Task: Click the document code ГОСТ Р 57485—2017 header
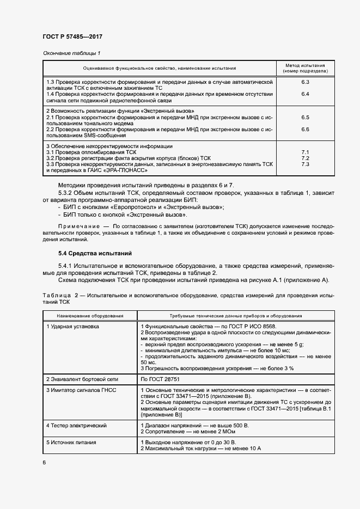(x=72, y=36)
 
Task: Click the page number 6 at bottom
(x=45, y=463)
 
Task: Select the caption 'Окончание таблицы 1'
(x=71, y=53)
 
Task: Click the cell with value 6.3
(x=305, y=82)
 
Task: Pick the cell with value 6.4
(x=305, y=94)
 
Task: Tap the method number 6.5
(x=305, y=117)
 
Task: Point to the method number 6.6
(x=305, y=129)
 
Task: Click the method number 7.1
(x=305, y=152)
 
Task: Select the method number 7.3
(x=305, y=164)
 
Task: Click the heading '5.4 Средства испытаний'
(x=87, y=254)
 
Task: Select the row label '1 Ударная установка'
(x=72, y=327)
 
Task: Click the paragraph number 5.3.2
(x=67, y=194)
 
